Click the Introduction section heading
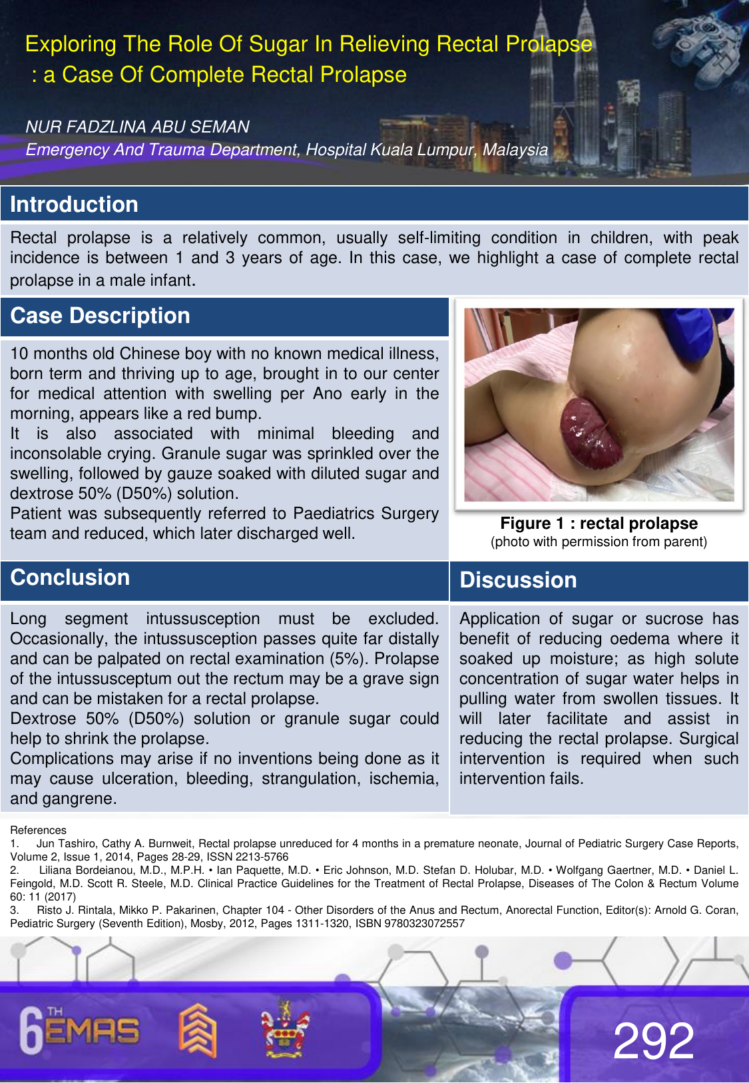[x=74, y=204]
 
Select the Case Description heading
[x=100, y=316]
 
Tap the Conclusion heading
[x=70, y=577]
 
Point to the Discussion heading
[x=518, y=580]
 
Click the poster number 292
[x=653, y=1040]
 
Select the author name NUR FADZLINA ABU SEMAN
[x=137, y=127]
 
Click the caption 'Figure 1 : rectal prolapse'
[x=599, y=524]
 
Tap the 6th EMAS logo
[x=80, y=1030]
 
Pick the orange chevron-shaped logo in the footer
[x=197, y=1029]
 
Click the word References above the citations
[x=38, y=831]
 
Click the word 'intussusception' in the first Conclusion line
[x=202, y=619]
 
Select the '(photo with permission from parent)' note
[x=599, y=541]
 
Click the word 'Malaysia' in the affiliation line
[x=515, y=150]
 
